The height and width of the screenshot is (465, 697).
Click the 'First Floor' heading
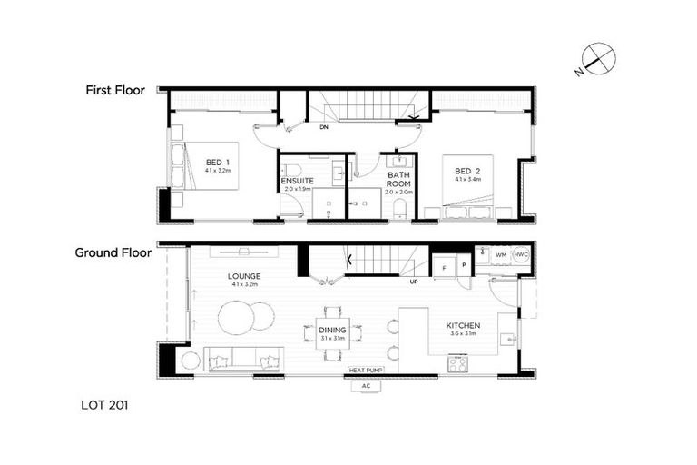tap(115, 90)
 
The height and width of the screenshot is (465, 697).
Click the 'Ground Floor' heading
tap(112, 253)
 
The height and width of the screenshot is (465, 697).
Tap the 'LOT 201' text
tap(101, 406)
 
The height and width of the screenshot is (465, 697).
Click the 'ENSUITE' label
tap(297, 181)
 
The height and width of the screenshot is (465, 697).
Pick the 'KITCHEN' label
tap(463, 325)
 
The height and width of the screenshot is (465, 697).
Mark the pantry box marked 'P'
tap(463, 265)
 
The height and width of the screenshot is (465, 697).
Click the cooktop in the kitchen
tap(456, 363)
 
